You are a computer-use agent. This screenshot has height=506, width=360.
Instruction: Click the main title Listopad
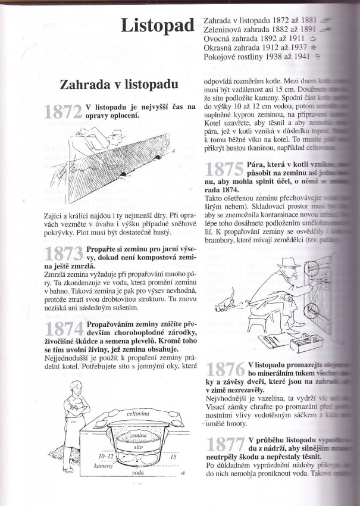point(158,26)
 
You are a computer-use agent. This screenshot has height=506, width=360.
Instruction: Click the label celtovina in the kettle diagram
point(137,413)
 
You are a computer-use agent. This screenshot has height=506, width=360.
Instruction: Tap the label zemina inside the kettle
point(137,436)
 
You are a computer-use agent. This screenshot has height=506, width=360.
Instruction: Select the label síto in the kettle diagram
point(137,445)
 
